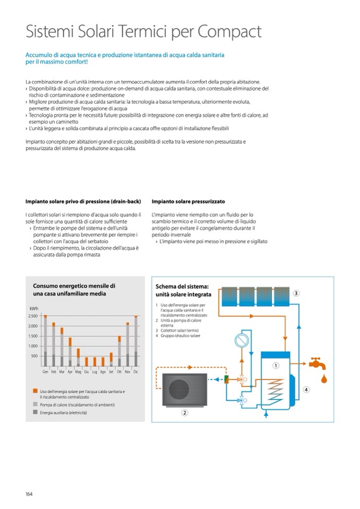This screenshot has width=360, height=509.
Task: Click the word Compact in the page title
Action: [x=229, y=32]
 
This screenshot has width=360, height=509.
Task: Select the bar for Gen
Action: [x=45, y=340]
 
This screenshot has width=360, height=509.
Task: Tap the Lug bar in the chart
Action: [x=95, y=361]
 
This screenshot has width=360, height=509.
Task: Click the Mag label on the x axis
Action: [x=78, y=372]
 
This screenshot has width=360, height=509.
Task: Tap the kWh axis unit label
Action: [x=34, y=308]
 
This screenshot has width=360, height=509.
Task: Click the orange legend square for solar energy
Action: [x=34, y=392]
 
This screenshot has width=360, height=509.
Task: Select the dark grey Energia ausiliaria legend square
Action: [x=34, y=412]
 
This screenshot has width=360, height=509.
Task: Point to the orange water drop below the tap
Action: [x=323, y=379]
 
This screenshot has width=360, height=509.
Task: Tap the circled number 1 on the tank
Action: [x=276, y=365]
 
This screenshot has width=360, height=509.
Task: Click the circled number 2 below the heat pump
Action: [x=185, y=412]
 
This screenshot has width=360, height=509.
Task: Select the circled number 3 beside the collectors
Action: [x=296, y=293]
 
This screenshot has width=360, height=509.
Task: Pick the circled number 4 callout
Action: [x=306, y=390]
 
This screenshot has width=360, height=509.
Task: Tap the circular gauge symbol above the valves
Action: [x=242, y=338]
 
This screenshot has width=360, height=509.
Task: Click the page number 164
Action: [x=29, y=494]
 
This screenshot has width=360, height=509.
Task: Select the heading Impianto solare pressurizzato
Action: [x=188, y=202]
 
